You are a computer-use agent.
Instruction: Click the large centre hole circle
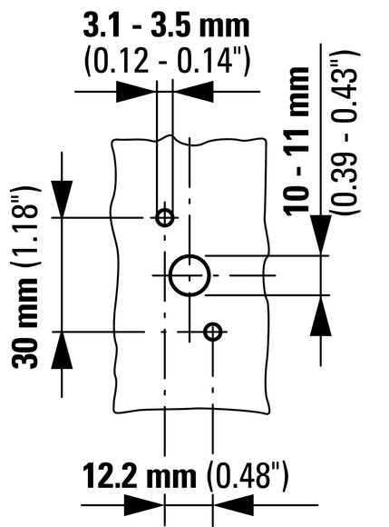coord(170,275)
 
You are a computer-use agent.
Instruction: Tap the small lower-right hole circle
coord(206,332)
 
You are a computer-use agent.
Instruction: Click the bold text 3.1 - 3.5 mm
coord(166,25)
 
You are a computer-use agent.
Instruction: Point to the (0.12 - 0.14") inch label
coord(167,61)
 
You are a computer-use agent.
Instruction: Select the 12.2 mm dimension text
coord(139,475)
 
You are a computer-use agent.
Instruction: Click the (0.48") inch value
coord(248,476)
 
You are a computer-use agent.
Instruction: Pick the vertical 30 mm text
coord(25,323)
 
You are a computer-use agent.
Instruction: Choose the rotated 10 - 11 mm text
coord(297,141)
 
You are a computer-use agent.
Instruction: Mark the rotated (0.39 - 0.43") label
coord(345,132)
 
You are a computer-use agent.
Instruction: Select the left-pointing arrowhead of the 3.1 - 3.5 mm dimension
coord(193,92)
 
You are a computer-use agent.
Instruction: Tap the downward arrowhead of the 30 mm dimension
coord(62,199)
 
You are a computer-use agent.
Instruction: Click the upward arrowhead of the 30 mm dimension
coord(62,350)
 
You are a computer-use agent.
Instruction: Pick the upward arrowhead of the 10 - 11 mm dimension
coord(321,315)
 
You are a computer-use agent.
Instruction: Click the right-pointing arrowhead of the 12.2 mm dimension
coord(144,505)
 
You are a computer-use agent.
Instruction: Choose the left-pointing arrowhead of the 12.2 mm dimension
coord(233,505)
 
